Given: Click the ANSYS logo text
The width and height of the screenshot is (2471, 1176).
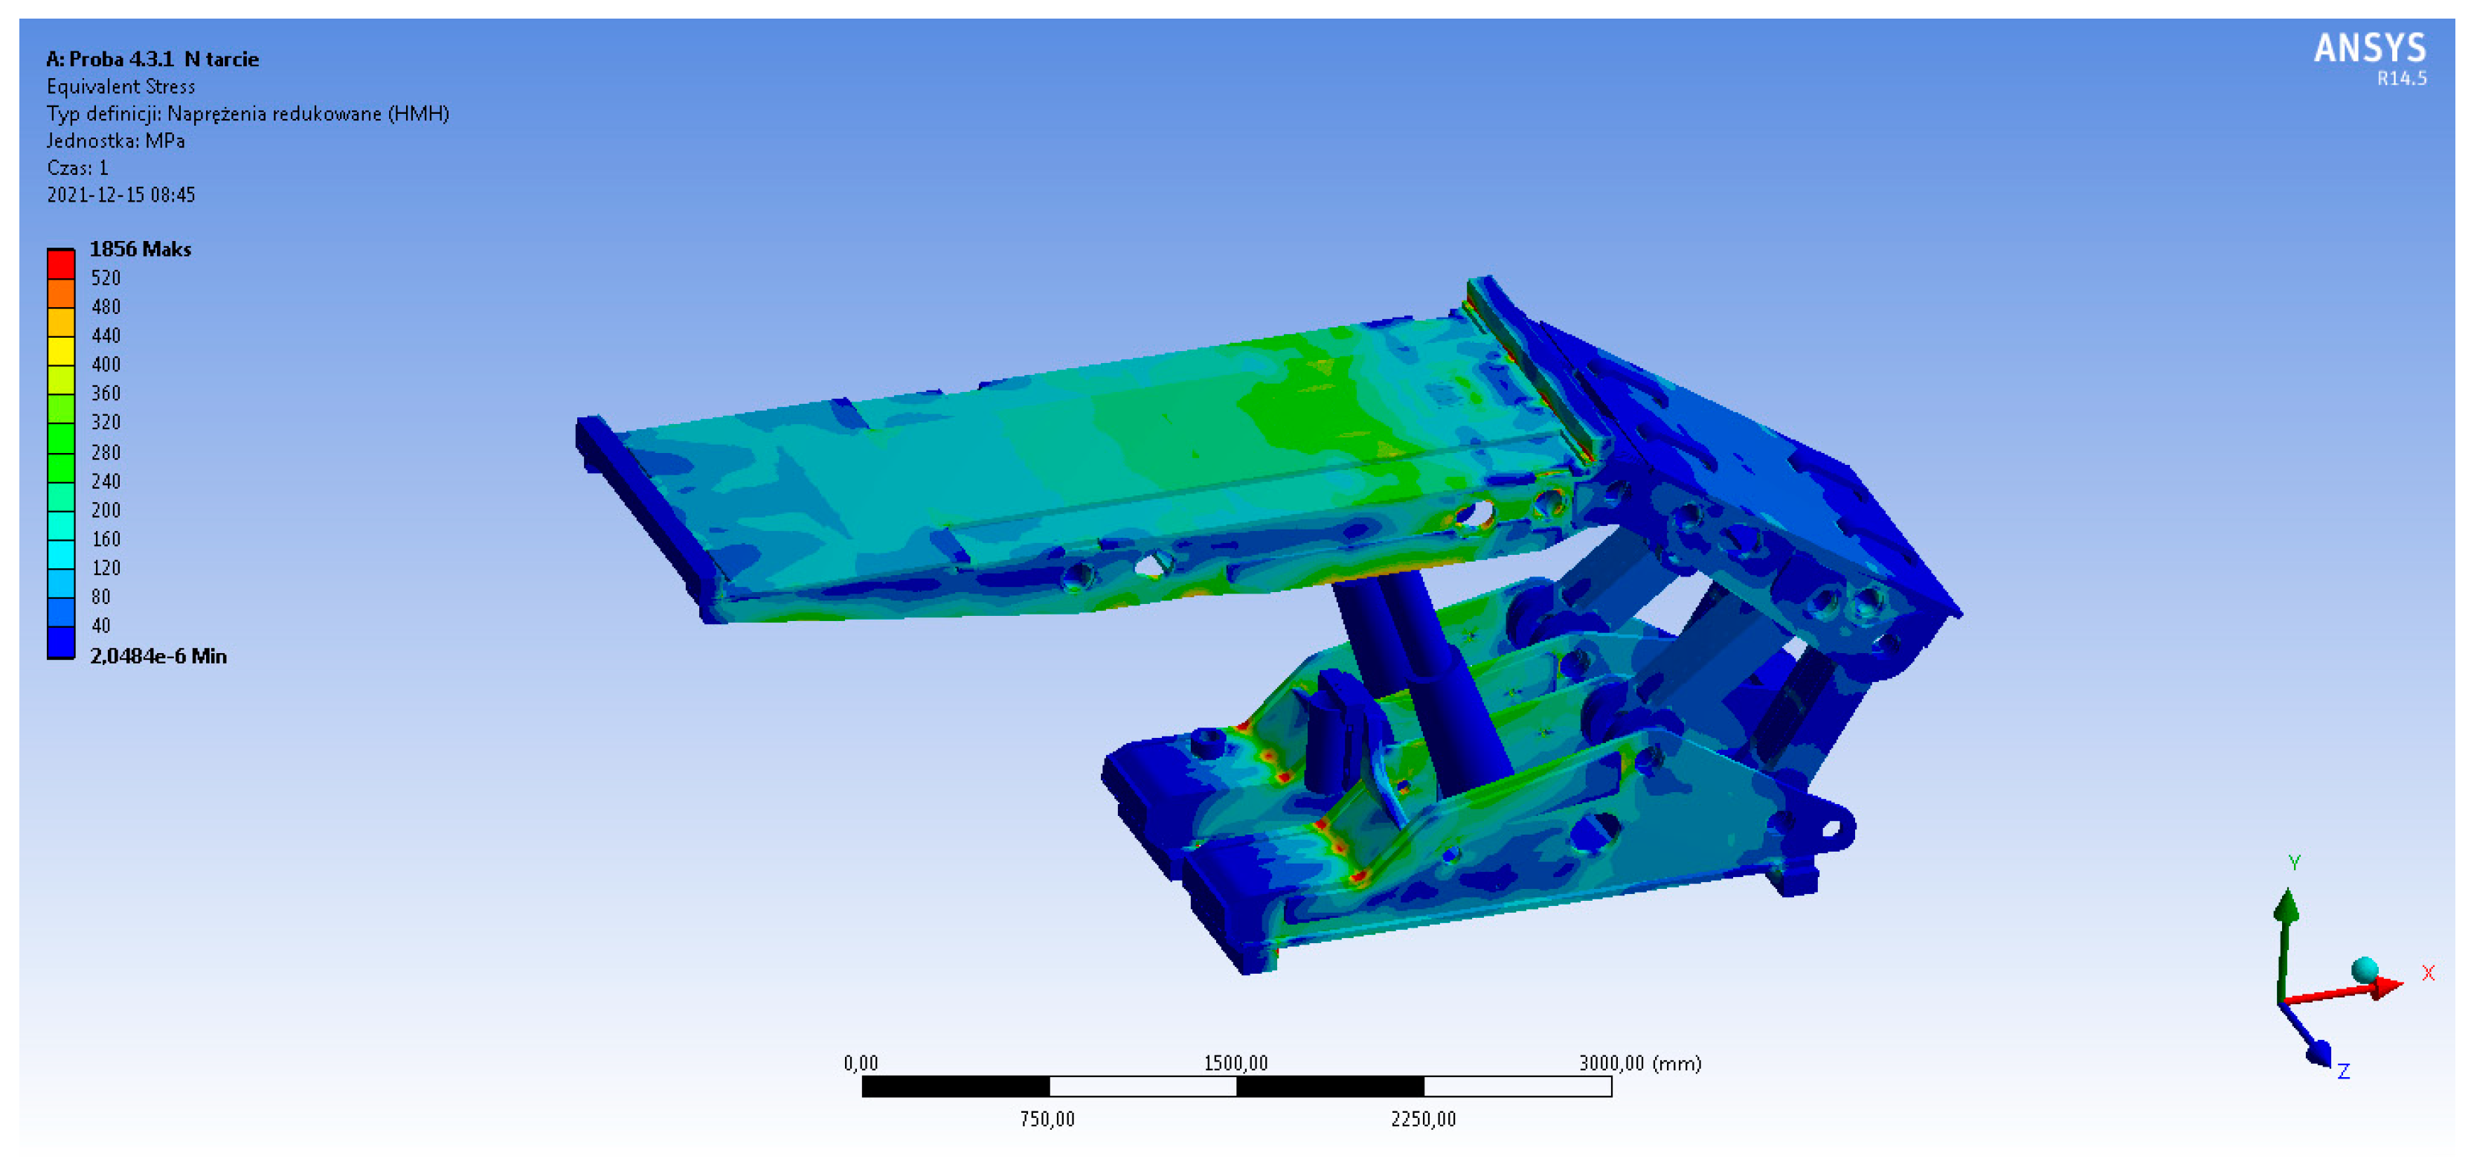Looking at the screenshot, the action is coord(2369,48).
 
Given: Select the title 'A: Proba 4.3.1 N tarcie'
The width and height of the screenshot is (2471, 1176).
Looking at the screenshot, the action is coord(152,60).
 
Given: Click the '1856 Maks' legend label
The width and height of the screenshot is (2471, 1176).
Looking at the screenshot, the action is coord(140,249).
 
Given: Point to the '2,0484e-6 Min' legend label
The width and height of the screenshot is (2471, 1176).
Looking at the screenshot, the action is coord(158,656).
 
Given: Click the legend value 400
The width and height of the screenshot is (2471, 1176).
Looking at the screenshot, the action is coord(106,364).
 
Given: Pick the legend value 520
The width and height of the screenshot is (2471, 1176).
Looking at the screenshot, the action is coord(106,278).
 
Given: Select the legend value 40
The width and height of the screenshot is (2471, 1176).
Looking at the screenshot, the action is coord(100,626).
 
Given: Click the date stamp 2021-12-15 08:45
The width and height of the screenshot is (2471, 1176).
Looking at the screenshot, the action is coord(121,195).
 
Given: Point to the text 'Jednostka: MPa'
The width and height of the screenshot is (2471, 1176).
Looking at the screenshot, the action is coord(116,141).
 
